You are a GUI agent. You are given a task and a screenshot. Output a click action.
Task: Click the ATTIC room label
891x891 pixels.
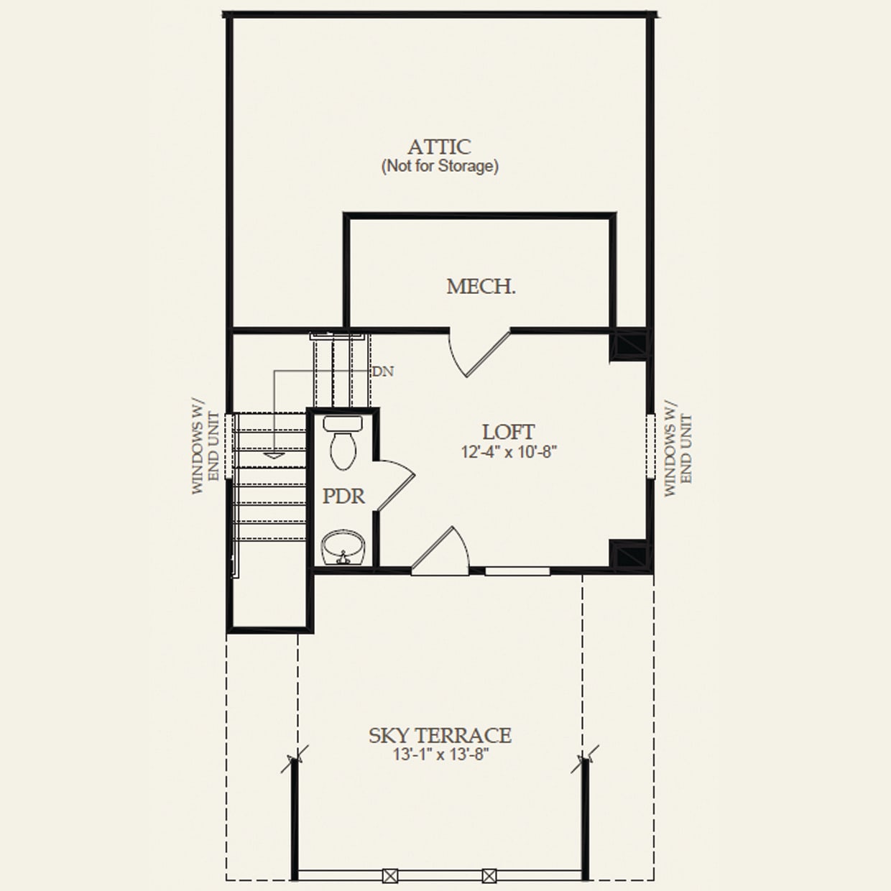439,147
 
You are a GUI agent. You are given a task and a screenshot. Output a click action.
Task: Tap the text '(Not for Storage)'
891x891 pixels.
439,167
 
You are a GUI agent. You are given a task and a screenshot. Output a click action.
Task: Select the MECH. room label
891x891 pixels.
481,287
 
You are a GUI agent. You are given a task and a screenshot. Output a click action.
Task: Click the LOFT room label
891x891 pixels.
508,432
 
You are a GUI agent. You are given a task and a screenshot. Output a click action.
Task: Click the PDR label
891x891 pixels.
343,496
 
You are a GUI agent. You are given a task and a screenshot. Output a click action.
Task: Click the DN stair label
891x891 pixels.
382,371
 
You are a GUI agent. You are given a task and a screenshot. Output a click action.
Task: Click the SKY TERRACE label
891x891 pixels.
440,736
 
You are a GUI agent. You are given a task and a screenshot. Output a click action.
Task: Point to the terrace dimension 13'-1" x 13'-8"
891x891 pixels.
440,755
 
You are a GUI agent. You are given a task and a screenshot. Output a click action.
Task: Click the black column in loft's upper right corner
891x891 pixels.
629,346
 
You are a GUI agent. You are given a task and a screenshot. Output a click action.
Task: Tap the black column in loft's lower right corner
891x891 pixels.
629,554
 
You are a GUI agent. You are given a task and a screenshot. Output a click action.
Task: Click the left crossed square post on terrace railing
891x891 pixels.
389,876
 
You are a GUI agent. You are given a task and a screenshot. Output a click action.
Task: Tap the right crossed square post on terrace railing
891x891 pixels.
489,876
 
